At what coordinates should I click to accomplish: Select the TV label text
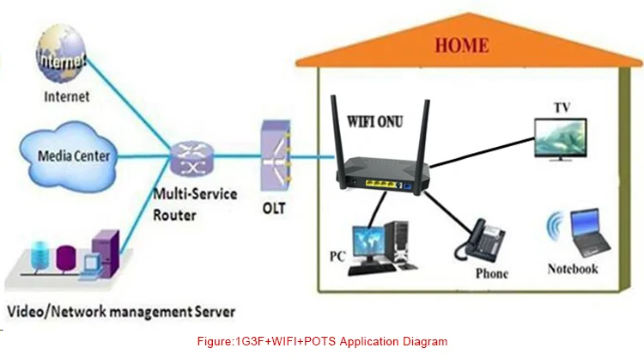click(x=562, y=107)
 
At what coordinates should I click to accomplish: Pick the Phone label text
click(x=491, y=274)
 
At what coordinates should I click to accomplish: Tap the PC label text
click(x=338, y=256)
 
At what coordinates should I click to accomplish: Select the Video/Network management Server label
click(x=120, y=309)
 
